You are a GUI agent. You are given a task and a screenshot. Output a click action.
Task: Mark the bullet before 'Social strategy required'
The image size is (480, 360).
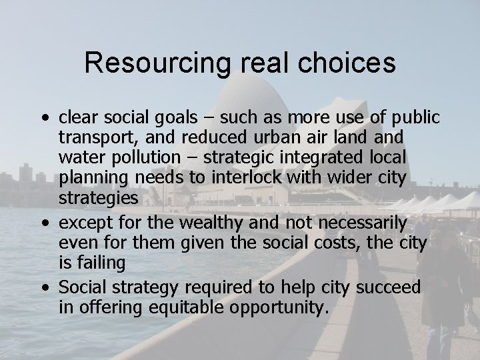(x=44, y=288)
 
